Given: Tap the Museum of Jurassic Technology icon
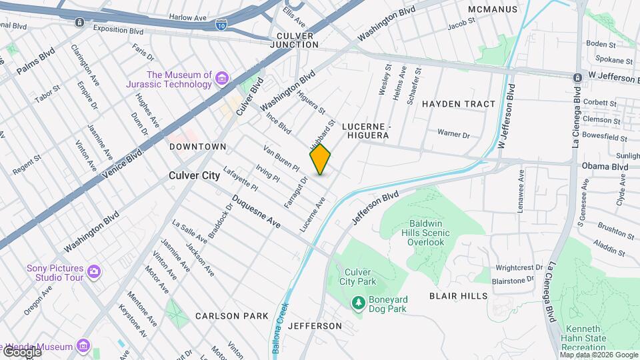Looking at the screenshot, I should [x=222, y=79].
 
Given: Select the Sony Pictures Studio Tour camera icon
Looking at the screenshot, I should [x=95, y=272].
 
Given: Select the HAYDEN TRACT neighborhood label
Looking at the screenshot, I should [x=459, y=104].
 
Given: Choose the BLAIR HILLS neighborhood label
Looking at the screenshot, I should [x=458, y=295].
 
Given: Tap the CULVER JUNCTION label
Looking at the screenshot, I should [x=294, y=39].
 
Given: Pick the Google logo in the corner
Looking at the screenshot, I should [x=21, y=351].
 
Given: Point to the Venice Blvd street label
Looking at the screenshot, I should [x=124, y=159].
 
